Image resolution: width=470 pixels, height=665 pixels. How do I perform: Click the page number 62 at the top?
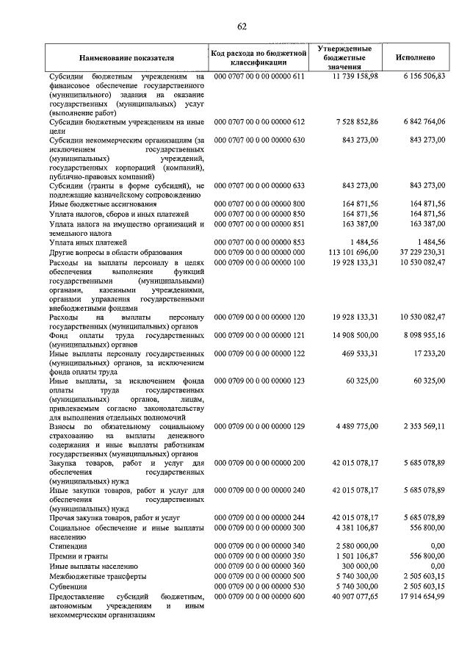pyautogui.click(x=242, y=27)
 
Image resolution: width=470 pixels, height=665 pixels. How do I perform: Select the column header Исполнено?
pyautogui.click(x=415, y=57)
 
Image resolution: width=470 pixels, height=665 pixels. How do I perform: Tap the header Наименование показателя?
pyautogui.click(x=127, y=57)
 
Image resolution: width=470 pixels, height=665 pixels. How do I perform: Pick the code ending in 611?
pyautogui.click(x=258, y=76)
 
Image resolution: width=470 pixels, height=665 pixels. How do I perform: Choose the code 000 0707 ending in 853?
pyautogui.click(x=258, y=242)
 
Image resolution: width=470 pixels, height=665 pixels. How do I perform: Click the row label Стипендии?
pyautogui.click(x=68, y=546)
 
